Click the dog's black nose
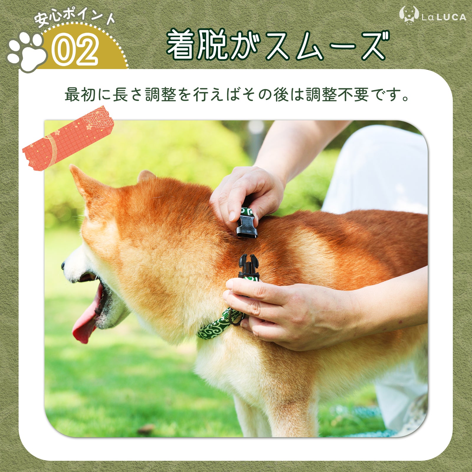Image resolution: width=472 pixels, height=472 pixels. click(63, 265)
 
